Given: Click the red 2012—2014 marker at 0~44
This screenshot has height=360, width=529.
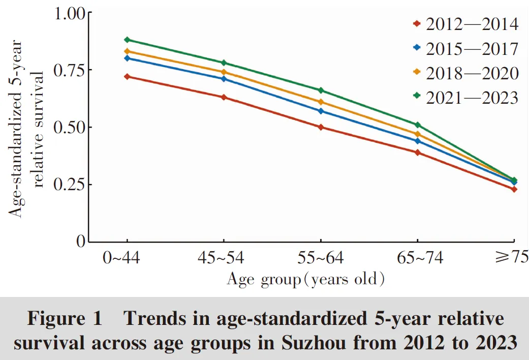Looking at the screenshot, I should tap(127, 76).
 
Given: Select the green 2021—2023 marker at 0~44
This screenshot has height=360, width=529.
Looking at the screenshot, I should tap(127, 40).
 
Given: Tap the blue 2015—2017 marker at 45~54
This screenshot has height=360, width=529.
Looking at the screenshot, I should tap(224, 79).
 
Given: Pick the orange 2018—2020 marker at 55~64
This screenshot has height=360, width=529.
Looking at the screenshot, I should tap(321, 102).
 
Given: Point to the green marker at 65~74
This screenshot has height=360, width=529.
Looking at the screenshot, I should tap(418, 125).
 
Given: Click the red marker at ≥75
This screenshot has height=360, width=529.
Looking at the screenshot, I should tap(514, 189).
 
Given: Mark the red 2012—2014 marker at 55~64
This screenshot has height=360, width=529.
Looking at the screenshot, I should tap(321, 127).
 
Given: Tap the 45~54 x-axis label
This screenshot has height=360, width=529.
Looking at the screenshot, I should tap(224, 258).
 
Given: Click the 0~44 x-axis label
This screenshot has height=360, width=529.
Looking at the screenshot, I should tap(127, 258).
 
